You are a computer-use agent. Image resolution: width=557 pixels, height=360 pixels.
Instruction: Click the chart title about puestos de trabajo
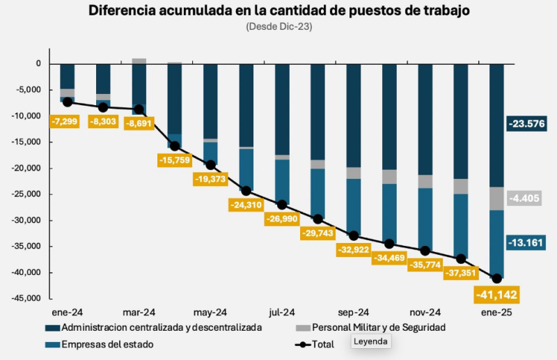(278, 11)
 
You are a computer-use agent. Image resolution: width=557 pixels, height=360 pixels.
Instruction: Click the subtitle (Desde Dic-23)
(278, 26)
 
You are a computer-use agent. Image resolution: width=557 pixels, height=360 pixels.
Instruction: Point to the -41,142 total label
(496, 295)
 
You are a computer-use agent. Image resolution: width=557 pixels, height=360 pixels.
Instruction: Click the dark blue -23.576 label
(527, 124)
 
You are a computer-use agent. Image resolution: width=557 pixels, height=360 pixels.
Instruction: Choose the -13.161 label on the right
(527, 242)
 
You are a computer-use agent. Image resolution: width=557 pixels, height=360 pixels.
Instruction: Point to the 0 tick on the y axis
(38, 64)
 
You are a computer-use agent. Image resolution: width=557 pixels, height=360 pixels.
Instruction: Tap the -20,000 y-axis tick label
(25, 169)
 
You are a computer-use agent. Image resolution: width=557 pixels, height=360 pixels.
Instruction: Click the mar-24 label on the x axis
(139, 313)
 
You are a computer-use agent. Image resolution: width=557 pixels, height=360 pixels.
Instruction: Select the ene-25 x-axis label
(496, 313)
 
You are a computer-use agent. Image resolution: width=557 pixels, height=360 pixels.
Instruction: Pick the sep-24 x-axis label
(354, 313)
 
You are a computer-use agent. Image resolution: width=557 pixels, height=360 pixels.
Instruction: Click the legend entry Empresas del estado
(107, 344)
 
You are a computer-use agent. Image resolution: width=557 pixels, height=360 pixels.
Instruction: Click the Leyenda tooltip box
(371, 342)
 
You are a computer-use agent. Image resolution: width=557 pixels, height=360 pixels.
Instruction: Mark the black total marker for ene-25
(496, 279)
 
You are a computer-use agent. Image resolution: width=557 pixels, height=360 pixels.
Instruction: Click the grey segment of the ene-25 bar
(496, 198)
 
